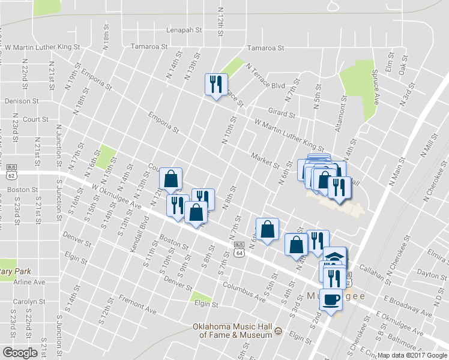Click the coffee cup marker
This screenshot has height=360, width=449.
(x=330, y=298)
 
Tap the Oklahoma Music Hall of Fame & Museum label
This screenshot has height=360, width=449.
(x=232, y=331)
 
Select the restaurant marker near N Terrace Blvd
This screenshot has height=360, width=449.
(x=215, y=84)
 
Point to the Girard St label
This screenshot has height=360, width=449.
(x=282, y=113)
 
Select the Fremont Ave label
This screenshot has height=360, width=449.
(x=137, y=305)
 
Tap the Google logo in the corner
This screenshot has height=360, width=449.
(x=20, y=353)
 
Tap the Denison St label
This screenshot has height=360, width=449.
(x=22, y=101)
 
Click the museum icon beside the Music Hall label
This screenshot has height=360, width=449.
(x=278, y=331)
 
